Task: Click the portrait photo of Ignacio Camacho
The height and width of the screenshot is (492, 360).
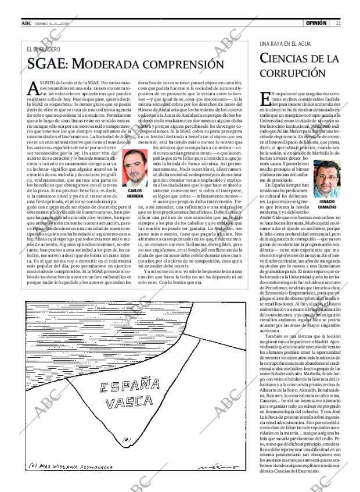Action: click(325, 178)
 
